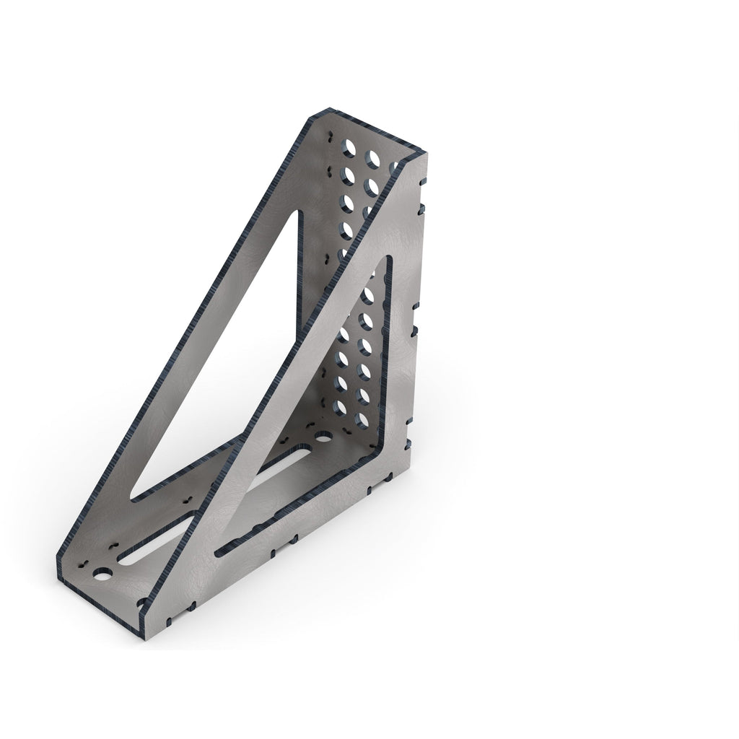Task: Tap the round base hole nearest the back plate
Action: coord(323,437)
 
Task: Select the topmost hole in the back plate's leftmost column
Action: coord(349,149)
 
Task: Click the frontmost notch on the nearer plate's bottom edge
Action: coord(168,619)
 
